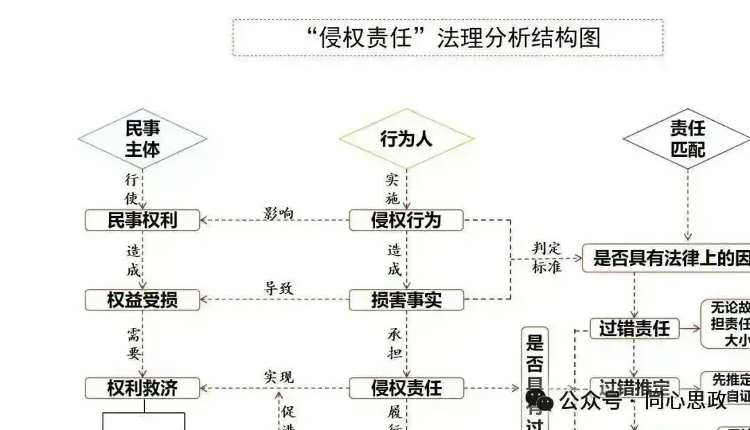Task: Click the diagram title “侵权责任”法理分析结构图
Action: [448, 38]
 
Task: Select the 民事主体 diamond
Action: [142, 138]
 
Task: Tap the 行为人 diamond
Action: [406, 138]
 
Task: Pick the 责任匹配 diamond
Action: [687, 138]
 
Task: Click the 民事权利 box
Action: [142, 220]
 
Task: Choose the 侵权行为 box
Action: [406, 220]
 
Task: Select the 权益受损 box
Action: [142, 300]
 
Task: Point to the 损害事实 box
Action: [406, 300]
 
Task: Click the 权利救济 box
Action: [142, 388]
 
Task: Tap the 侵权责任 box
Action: [406, 388]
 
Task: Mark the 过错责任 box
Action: [634, 328]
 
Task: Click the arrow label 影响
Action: [278, 213]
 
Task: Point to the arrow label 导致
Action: [278, 288]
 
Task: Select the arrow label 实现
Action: [278, 377]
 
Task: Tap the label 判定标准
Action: [547, 258]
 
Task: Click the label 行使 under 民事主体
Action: [132, 188]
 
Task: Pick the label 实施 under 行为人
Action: [393, 188]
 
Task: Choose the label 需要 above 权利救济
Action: [133, 344]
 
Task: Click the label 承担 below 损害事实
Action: [394, 344]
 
